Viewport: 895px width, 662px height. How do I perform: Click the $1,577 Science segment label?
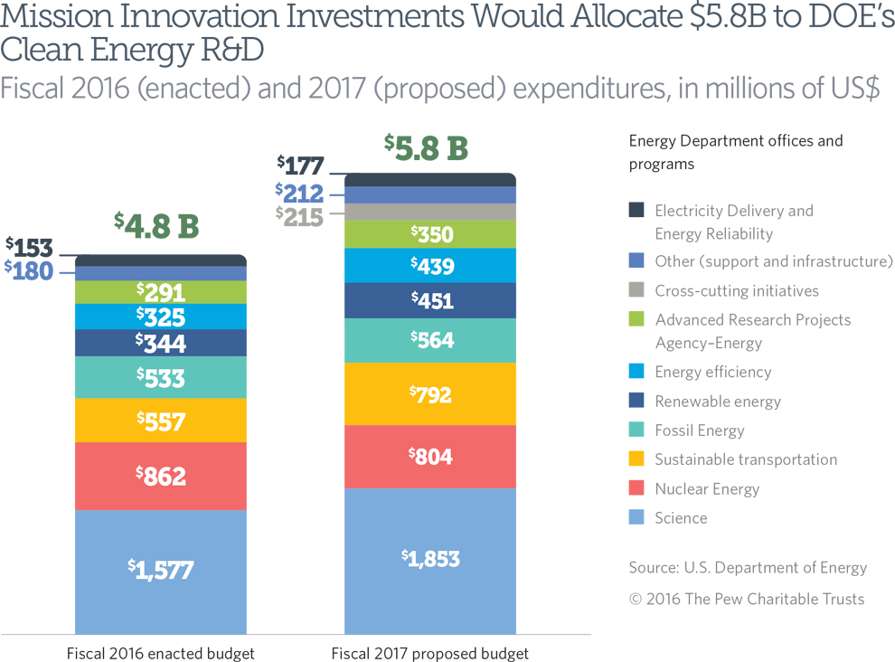pos(161,570)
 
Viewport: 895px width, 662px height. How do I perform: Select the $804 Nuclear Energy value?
pos(430,456)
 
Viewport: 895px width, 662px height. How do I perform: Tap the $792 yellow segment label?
pos(430,394)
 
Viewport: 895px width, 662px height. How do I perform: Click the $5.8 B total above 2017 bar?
pos(426,147)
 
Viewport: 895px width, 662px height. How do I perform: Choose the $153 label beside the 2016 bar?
pos(29,247)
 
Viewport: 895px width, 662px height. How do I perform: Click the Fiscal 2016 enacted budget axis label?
pos(161,653)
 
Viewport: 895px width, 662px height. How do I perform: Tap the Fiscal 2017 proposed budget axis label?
pos(430,653)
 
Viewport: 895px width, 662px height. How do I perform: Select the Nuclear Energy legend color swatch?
pos(636,488)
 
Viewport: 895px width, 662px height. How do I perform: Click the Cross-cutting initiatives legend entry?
pos(737,290)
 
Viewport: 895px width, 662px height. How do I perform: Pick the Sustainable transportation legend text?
pos(746,459)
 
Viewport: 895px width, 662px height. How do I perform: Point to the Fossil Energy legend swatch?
pos(636,430)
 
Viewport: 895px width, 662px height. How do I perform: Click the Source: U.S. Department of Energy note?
pos(748,568)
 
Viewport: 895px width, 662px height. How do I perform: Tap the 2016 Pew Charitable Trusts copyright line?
pos(747,599)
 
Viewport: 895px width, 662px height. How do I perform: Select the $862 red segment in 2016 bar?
pos(161,476)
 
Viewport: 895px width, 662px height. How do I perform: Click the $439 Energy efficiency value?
pos(430,266)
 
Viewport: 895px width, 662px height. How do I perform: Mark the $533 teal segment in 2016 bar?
pos(161,378)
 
